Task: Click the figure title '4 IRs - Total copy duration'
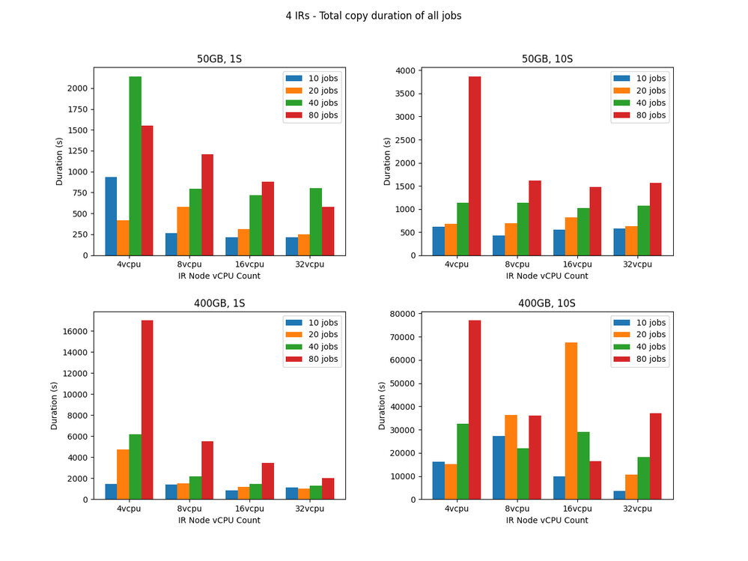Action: [x=374, y=15]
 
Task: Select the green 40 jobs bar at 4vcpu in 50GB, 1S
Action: [x=135, y=166]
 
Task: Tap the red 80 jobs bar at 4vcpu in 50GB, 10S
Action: [x=475, y=166]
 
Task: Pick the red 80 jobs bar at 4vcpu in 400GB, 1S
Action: [x=147, y=410]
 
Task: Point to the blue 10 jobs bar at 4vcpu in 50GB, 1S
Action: [x=111, y=216]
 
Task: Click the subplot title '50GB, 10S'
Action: [x=547, y=59]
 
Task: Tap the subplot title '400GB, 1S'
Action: [x=219, y=303]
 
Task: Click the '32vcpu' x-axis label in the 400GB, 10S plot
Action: [x=637, y=509]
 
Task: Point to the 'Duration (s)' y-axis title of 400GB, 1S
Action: [x=55, y=405]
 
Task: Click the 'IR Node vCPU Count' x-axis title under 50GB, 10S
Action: [x=547, y=276]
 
